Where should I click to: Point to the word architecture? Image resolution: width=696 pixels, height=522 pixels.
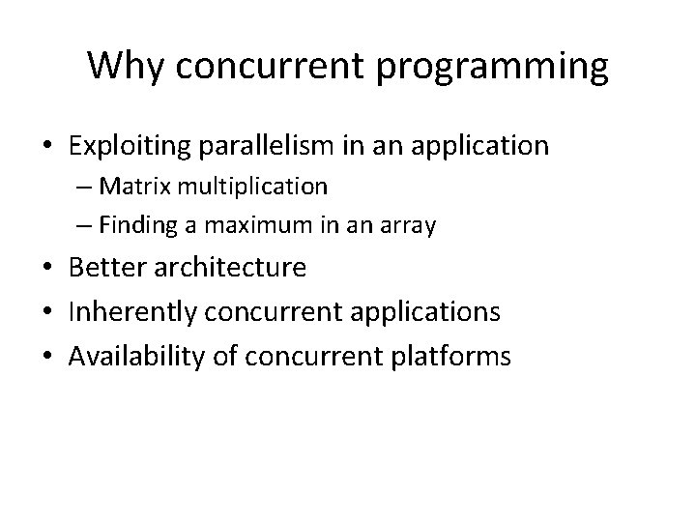click(232, 268)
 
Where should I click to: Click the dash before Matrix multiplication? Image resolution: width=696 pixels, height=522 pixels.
click(80, 185)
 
